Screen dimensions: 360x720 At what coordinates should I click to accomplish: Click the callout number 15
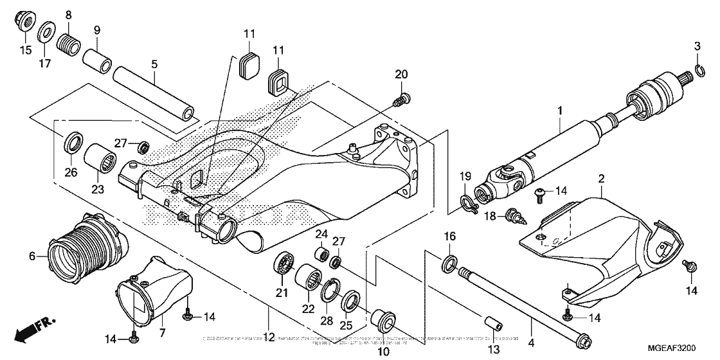(25, 50)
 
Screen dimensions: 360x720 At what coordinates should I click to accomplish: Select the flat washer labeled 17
(46, 32)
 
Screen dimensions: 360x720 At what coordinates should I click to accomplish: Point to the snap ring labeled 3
(699, 71)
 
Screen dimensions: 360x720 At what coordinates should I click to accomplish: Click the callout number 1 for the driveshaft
(560, 111)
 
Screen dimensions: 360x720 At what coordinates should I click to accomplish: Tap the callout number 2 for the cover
(601, 177)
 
